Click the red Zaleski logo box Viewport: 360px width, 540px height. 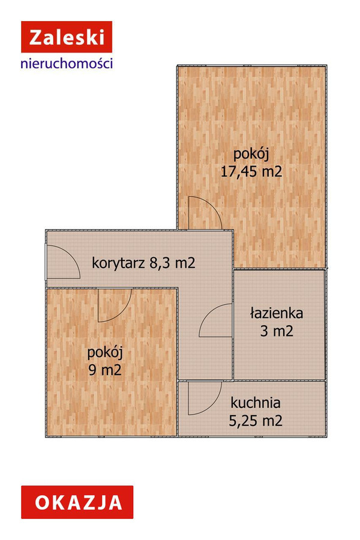click(67, 37)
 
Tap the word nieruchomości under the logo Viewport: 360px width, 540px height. click(67, 64)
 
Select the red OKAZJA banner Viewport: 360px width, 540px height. click(77, 502)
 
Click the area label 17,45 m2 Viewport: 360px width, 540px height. click(251, 171)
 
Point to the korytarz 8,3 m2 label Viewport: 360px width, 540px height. click(143, 263)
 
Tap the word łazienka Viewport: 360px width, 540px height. click(277, 313)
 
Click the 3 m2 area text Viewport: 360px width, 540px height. click(277, 331)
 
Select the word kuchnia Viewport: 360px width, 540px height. click(256, 403)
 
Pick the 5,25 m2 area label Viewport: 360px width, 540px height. click(256, 421)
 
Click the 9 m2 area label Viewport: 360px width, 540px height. click(105, 370)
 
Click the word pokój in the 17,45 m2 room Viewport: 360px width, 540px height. click(251, 154)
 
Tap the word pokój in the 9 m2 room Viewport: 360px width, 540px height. click(105, 353)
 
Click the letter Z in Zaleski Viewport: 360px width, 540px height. click(36, 37)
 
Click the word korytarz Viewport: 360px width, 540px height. click(118, 264)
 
